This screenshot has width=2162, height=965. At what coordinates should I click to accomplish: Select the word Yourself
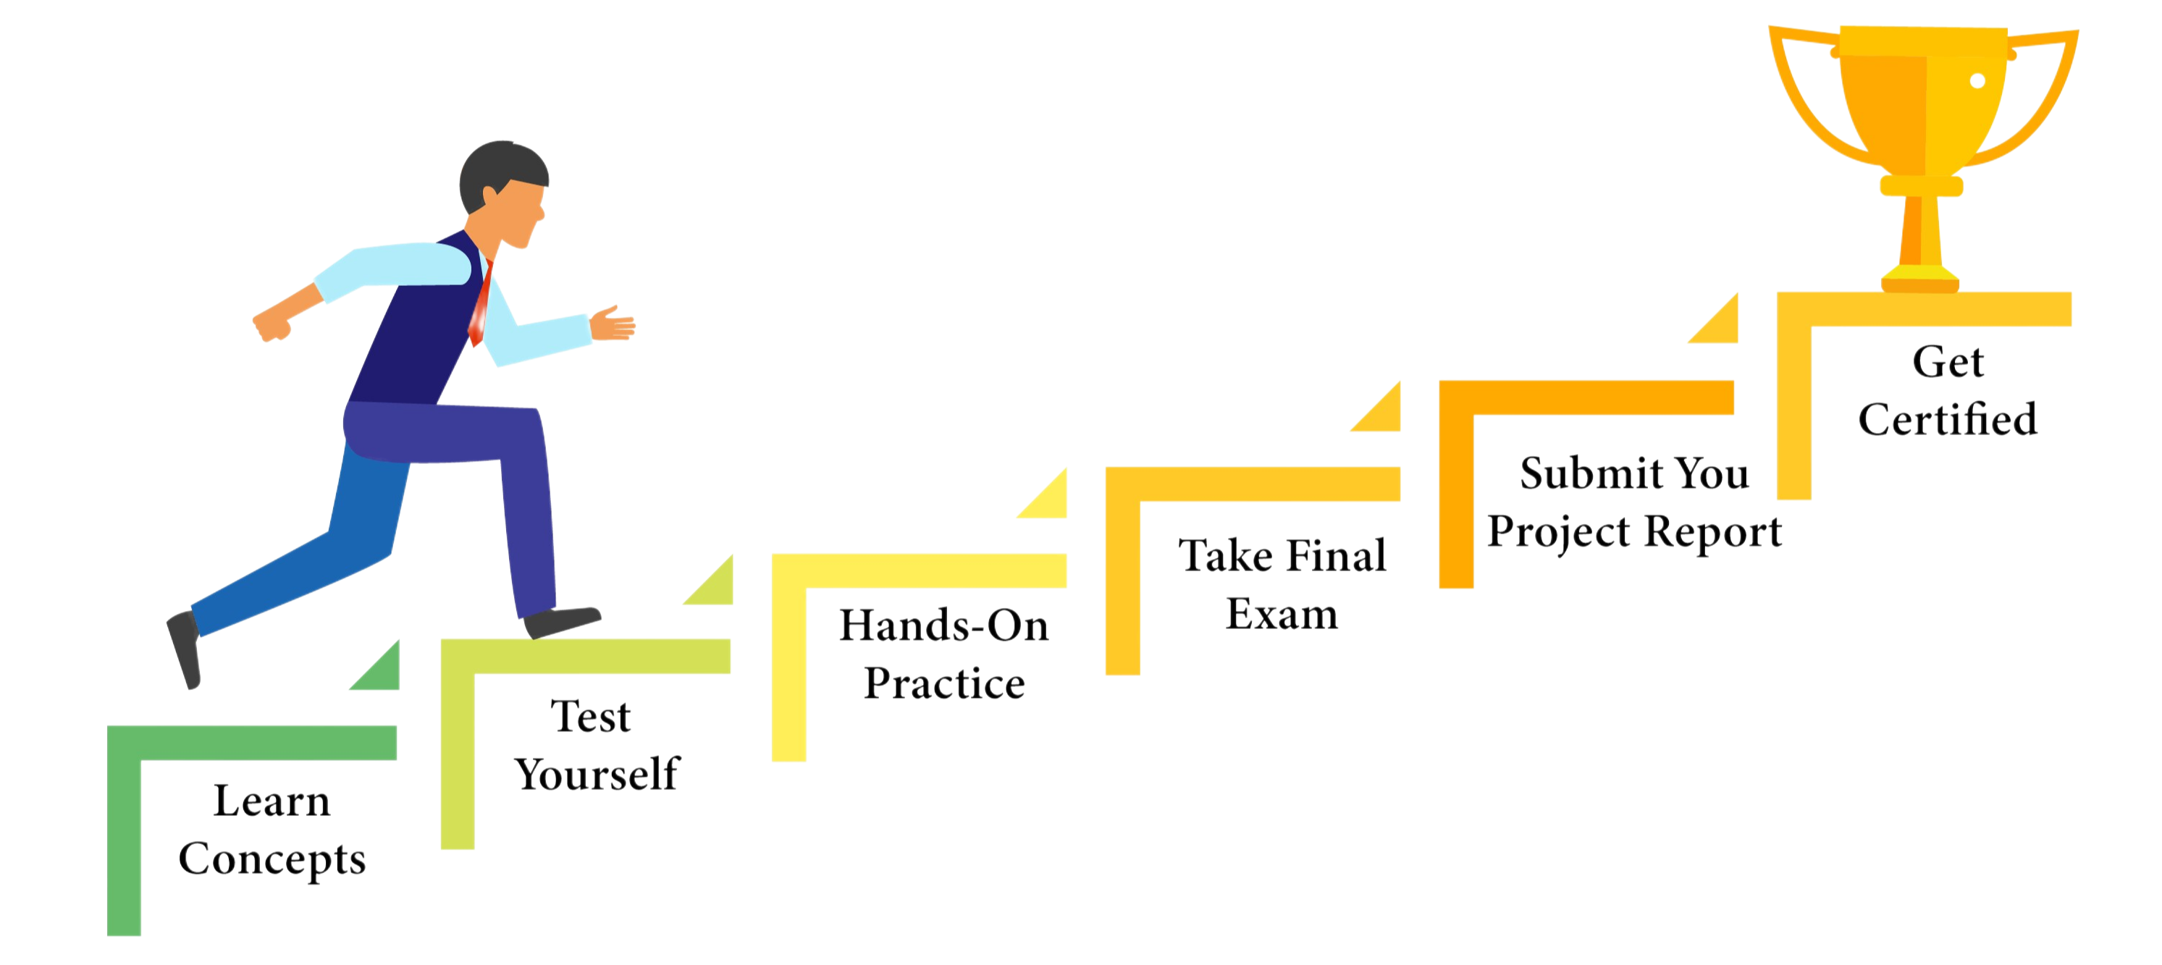[597, 774]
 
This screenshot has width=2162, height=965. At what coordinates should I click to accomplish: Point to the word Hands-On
[944, 626]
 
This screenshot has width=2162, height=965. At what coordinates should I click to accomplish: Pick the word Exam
[1282, 614]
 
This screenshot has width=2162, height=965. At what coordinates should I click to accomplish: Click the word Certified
[1948, 418]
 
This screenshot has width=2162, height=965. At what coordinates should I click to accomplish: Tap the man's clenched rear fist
[270, 326]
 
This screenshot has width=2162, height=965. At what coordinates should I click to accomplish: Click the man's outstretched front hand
[615, 324]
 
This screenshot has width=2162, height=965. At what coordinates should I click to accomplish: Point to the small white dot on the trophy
[1977, 81]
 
